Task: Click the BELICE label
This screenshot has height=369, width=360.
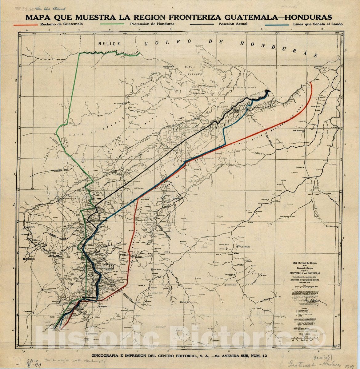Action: coord(109,44)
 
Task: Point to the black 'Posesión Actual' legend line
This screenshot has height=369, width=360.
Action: coord(201,24)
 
